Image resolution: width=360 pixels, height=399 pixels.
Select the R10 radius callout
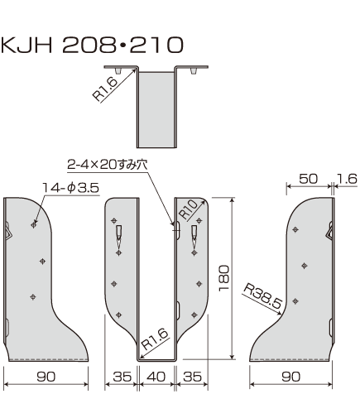point(189,213)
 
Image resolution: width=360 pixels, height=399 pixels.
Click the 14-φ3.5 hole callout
point(71,189)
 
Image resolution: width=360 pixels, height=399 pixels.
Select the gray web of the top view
point(157,108)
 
